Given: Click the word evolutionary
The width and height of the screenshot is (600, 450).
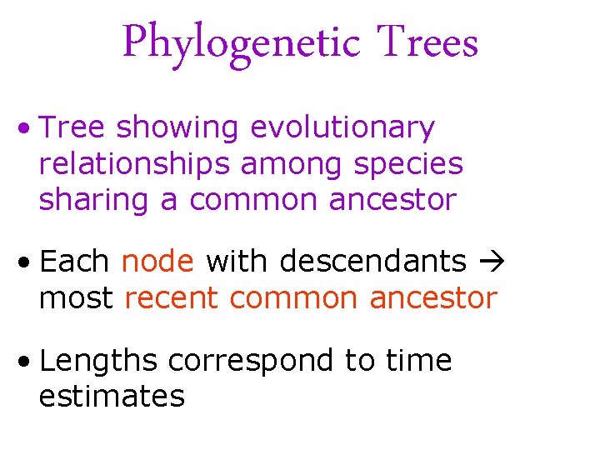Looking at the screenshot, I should click(342, 128).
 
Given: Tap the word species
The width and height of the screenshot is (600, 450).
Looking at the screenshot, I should click(408, 164).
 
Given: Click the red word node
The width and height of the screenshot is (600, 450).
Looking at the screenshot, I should click(157, 262).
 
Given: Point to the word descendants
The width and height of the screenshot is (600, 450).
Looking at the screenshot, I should click(372, 262).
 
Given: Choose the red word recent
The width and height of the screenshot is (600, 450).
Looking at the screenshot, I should click(172, 297).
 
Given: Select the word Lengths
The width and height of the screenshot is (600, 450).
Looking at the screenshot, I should click(98, 361).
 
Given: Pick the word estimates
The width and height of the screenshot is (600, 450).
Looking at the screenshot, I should click(112, 397).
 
